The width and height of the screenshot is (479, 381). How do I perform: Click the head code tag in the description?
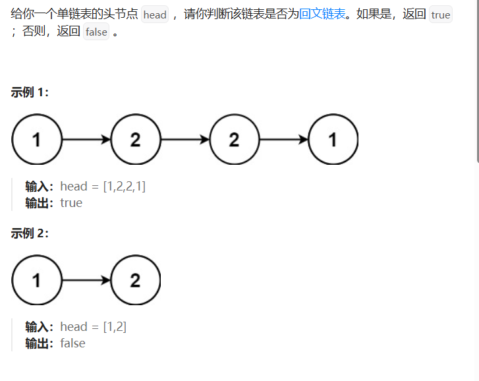155,15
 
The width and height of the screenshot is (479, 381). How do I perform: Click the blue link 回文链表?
322,14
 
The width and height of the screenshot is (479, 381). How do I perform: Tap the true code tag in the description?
441,15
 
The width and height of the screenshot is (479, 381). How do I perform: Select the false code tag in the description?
96,32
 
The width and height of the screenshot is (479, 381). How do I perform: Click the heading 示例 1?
30,92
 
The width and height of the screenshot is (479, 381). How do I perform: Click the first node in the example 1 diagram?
36,140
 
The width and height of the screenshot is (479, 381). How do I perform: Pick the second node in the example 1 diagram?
135,140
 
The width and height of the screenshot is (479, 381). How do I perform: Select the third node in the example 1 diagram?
234,140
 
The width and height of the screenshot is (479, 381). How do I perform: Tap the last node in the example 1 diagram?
333,140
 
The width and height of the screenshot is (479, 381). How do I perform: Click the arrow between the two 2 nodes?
185,140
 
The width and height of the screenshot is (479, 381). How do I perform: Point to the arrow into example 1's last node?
284,140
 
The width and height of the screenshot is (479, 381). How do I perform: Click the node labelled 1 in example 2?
36,280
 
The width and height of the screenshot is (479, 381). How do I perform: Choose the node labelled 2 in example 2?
135,280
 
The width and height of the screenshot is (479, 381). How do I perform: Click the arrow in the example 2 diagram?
86,280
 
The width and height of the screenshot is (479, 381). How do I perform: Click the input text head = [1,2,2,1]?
103,187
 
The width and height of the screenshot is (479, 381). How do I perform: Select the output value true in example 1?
71,203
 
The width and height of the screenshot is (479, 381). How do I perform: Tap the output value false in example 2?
72,343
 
